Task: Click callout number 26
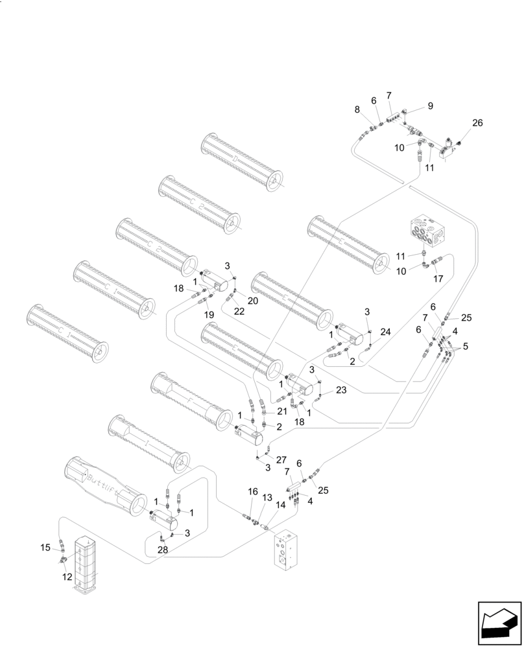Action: (x=477, y=123)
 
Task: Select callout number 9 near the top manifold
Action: (x=430, y=106)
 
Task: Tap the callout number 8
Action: (x=357, y=110)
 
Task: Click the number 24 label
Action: (x=386, y=332)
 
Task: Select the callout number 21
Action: (x=281, y=412)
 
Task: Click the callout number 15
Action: (x=45, y=548)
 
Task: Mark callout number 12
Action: (x=67, y=577)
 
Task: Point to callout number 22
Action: (x=239, y=312)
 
